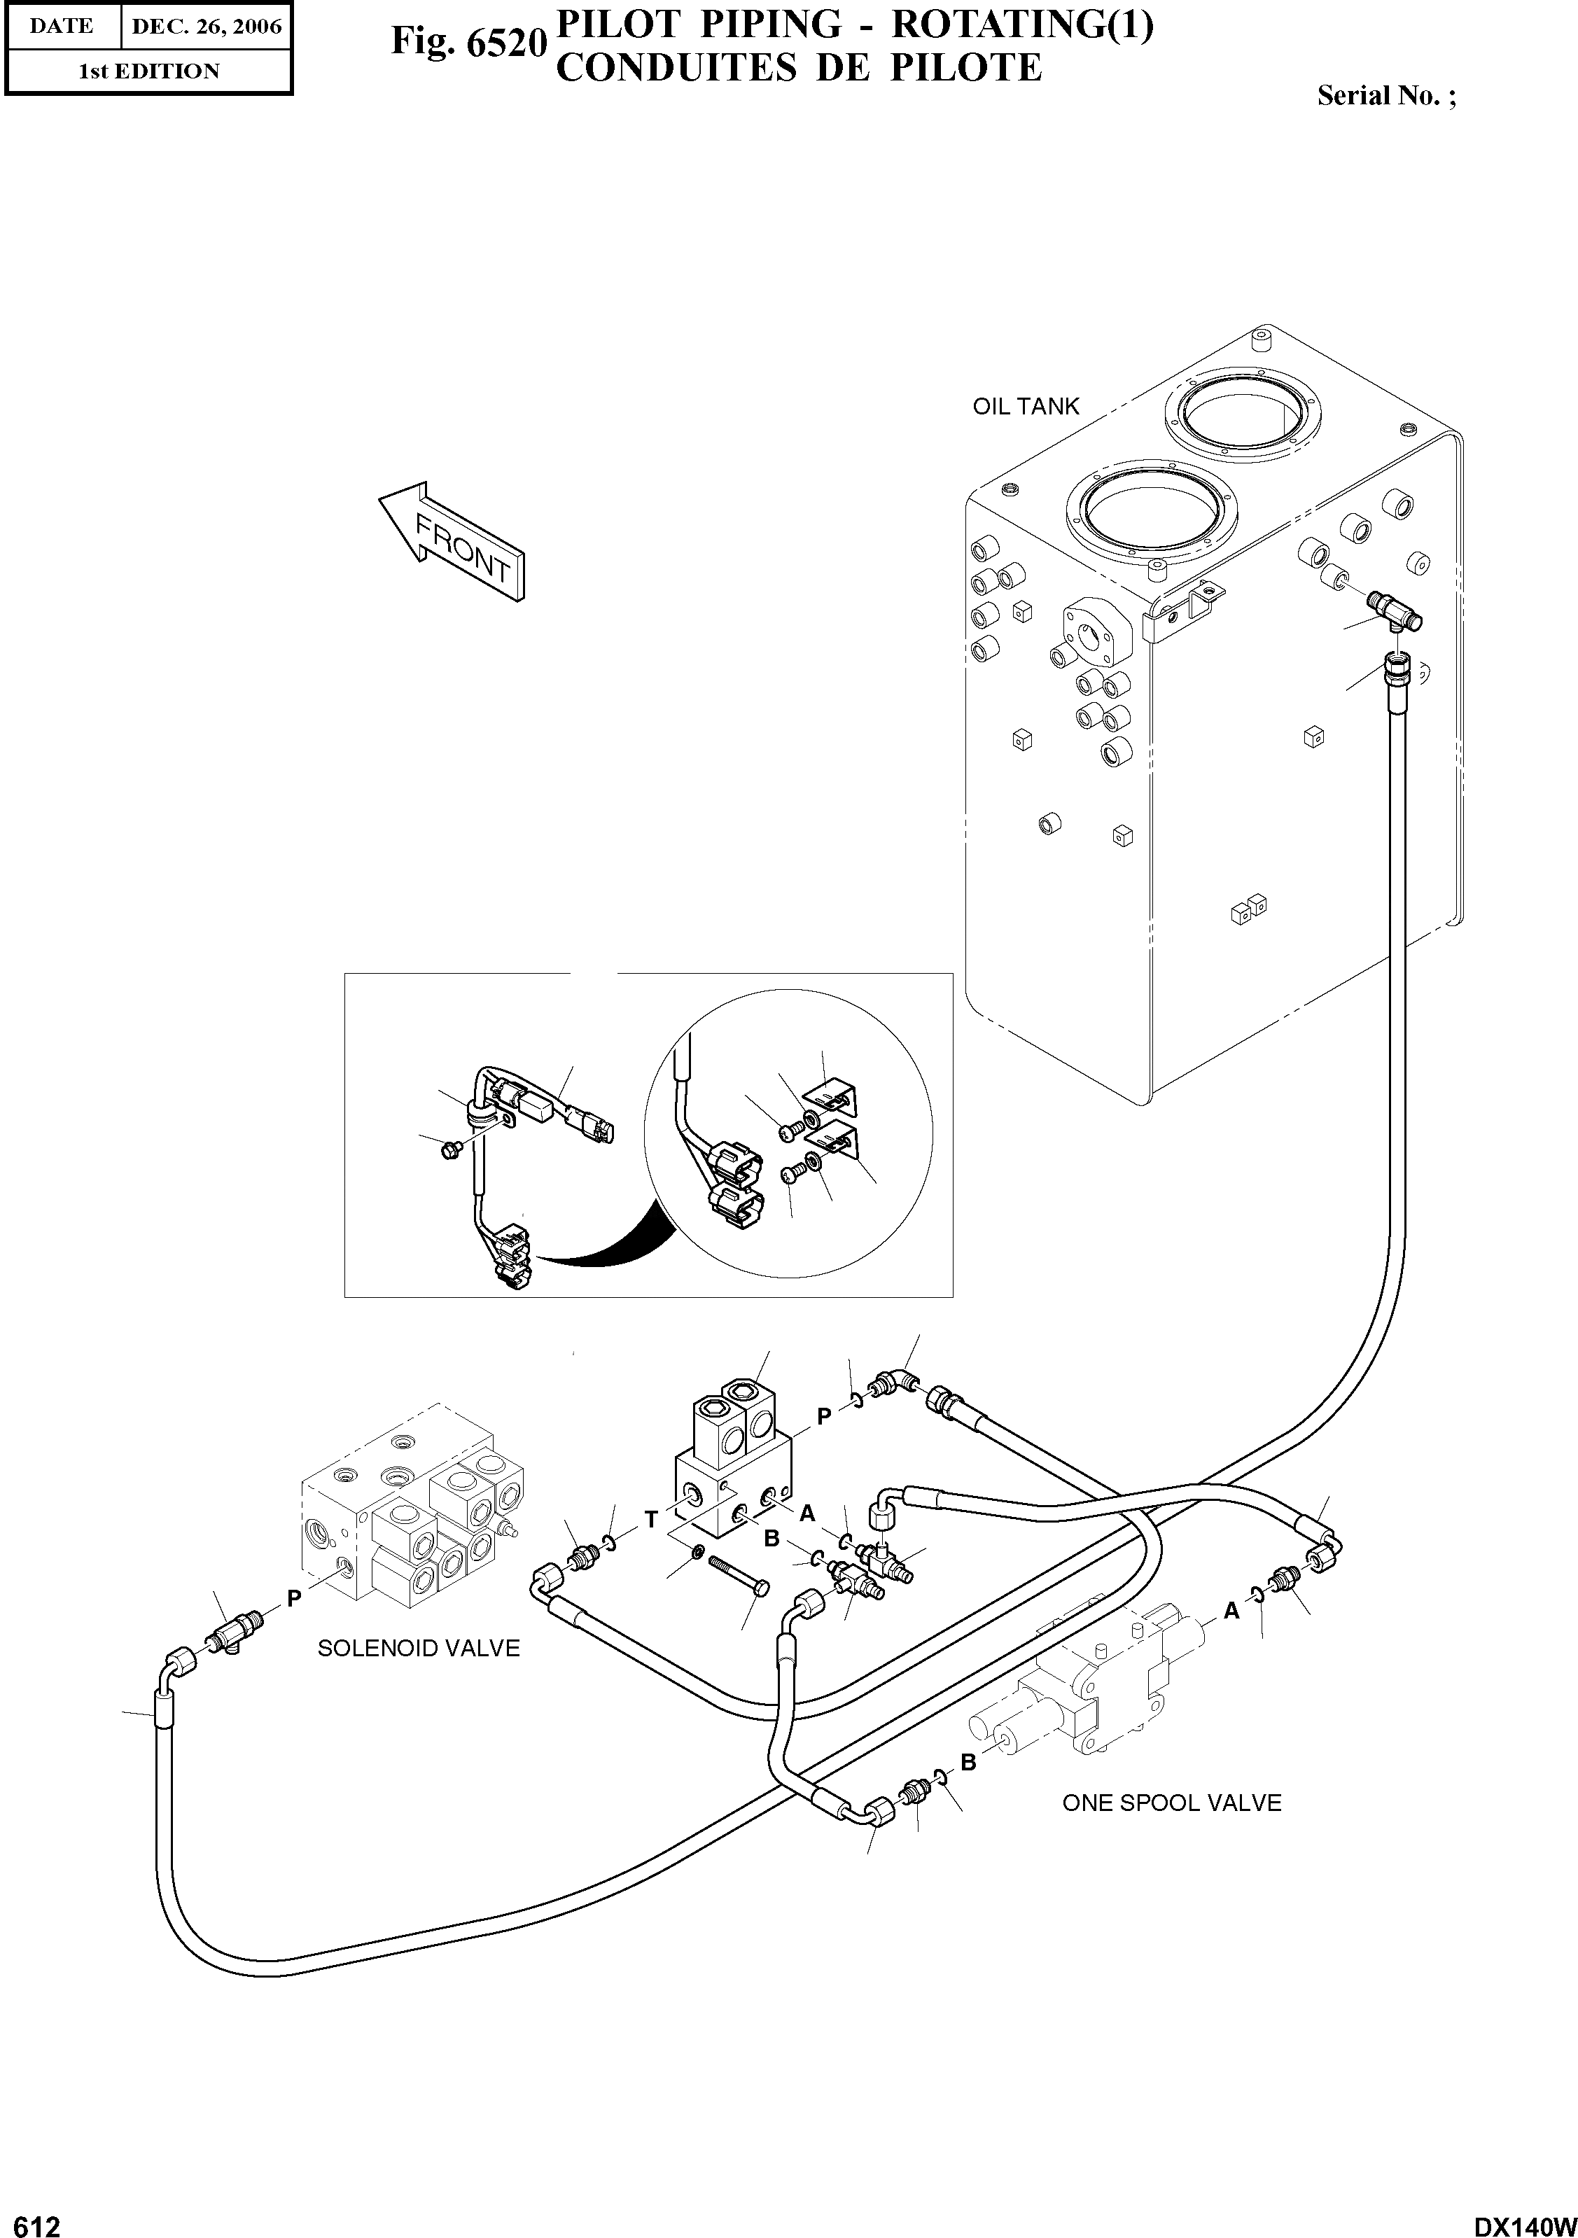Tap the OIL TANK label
coord(1026,407)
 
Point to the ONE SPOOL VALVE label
coord(1171,1803)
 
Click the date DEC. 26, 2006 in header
coord(207,27)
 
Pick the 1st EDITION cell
coord(148,71)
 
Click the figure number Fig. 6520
coord(466,42)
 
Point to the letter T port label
coord(650,1518)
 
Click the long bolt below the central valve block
coord(739,1581)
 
